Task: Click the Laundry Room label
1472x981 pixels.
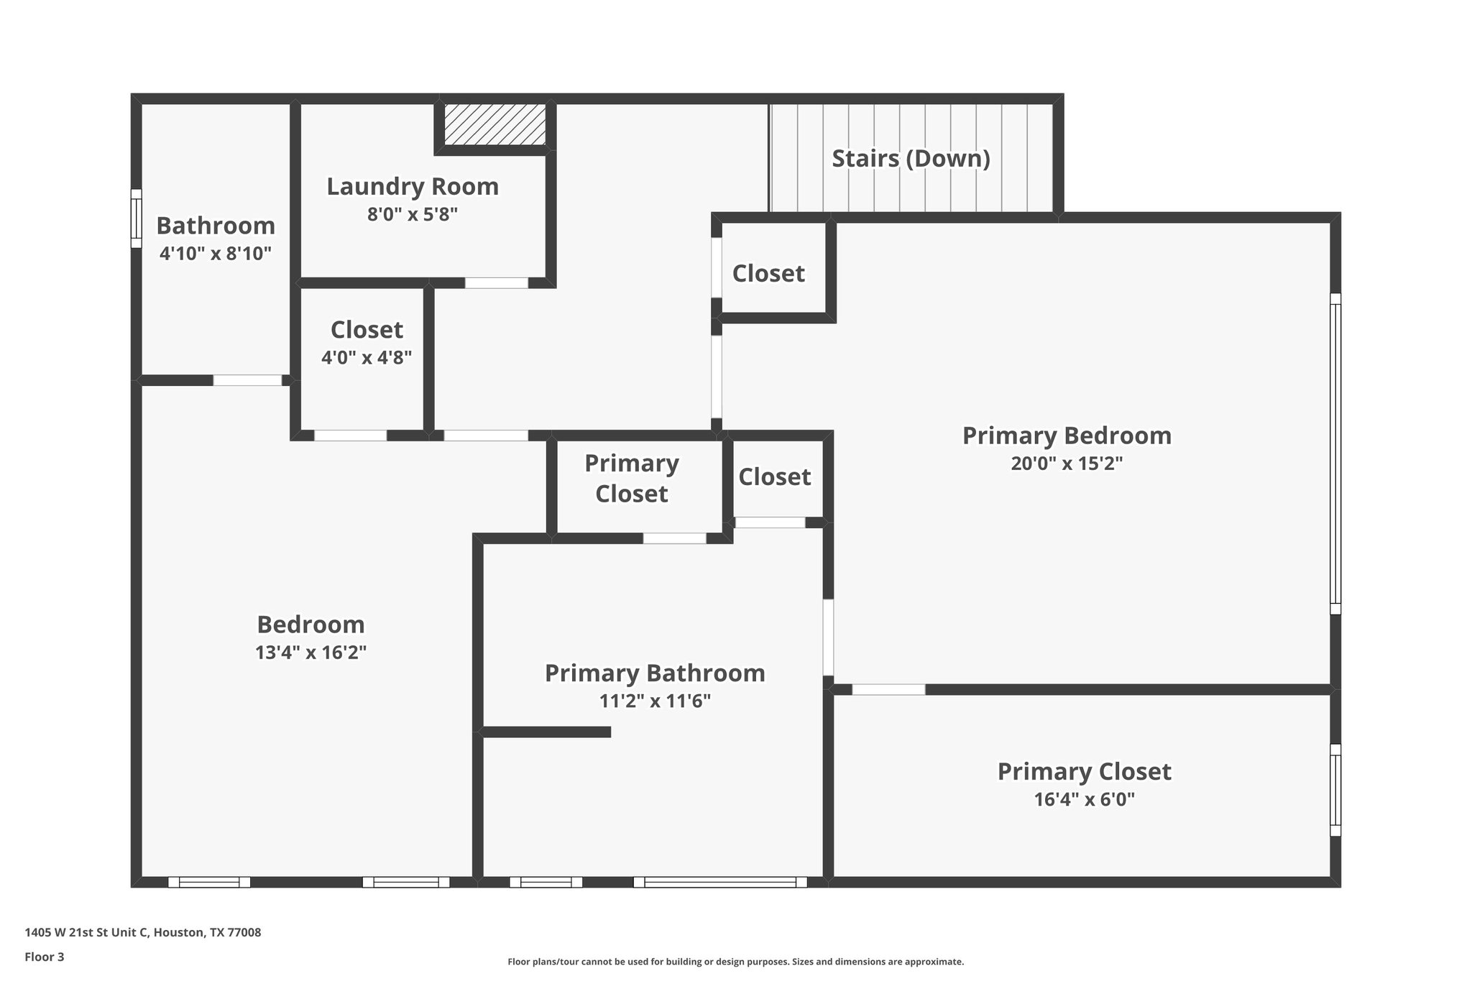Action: click(413, 187)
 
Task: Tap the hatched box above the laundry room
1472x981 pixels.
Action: click(494, 124)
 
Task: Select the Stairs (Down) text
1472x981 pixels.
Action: click(911, 159)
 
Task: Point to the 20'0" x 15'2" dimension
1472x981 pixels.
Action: click(1067, 464)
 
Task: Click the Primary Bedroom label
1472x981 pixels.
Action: click(1067, 436)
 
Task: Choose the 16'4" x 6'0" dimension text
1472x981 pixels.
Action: click(1084, 800)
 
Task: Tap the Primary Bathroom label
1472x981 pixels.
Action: click(655, 673)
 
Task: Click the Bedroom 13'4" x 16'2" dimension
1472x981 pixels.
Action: click(310, 653)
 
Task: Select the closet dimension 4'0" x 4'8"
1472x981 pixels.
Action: click(366, 358)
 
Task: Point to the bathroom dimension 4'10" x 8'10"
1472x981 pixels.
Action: click(216, 254)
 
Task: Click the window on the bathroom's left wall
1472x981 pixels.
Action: click(136, 218)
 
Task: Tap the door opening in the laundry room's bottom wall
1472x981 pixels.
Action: click(496, 283)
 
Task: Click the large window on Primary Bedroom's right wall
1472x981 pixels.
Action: click(1335, 453)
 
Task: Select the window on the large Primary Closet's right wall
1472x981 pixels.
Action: click(1335, 790)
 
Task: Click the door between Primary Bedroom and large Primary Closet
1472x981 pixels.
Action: click(888, 690)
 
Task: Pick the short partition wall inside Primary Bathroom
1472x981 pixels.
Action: click(546, 732)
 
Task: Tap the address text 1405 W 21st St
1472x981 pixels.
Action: click(142, 933)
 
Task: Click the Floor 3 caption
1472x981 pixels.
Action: click(45, 957)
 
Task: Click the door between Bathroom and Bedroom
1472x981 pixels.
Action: click(247, 381)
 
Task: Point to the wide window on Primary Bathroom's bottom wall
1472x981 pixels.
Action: click(719, 882)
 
